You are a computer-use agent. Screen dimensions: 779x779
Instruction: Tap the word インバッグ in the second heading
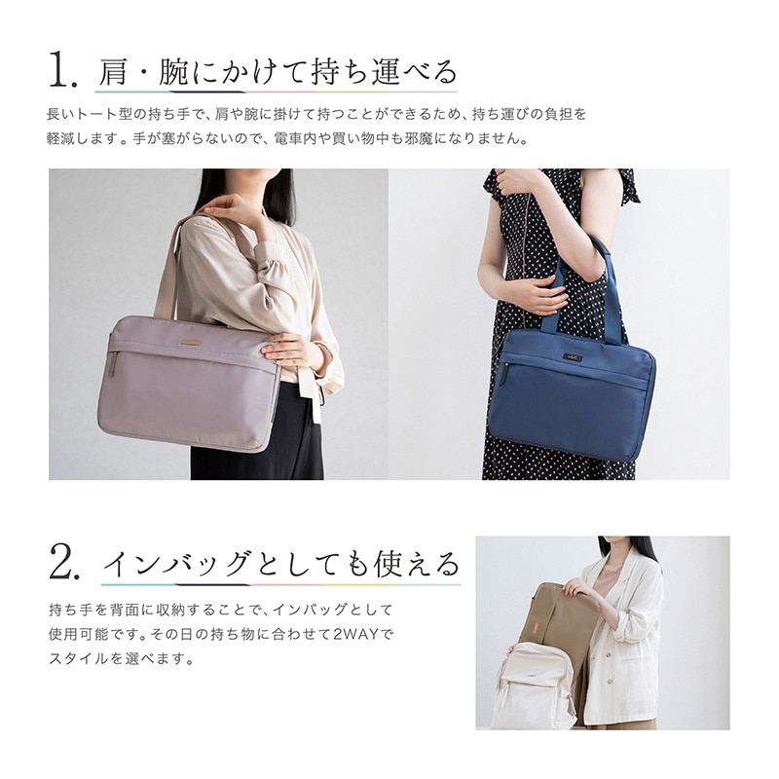point(176,564)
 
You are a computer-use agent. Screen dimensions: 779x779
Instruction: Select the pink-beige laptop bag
point(190,383)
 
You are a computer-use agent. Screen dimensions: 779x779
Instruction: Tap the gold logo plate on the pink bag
point(191,342)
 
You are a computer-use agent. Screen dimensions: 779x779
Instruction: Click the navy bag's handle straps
point(581,288)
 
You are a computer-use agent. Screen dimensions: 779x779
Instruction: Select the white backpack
point(534,686)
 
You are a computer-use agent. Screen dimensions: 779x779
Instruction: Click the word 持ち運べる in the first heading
point(383,72)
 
